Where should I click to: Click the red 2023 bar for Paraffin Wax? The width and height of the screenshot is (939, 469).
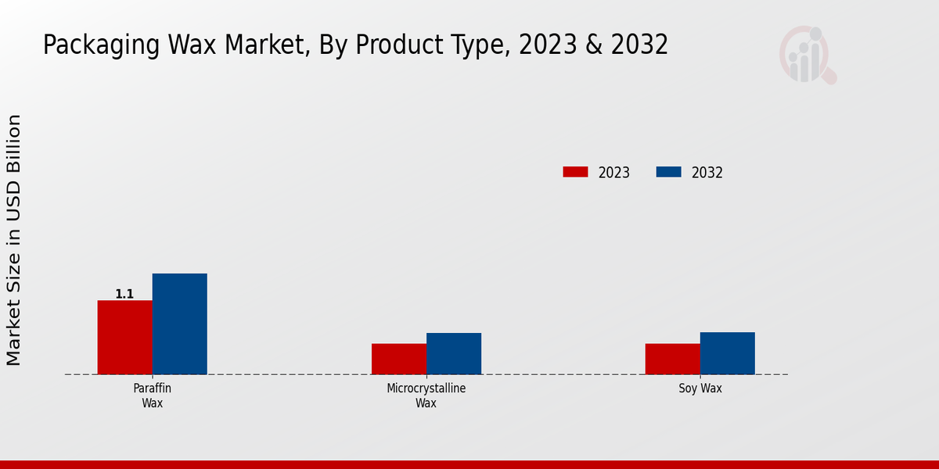124,337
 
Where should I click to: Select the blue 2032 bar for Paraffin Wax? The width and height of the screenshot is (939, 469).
179,324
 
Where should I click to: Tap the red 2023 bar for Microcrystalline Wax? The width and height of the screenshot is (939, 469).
398,359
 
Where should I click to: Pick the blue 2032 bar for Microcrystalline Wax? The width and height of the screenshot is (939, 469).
453,353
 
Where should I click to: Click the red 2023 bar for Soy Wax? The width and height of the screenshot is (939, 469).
672,359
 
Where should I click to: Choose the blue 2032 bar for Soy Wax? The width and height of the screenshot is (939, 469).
727,353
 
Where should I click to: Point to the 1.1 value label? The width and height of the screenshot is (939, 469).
124,294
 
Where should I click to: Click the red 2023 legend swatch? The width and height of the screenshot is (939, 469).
575,172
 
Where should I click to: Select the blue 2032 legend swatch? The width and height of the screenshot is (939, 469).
668,172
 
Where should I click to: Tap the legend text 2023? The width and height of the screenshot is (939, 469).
613,173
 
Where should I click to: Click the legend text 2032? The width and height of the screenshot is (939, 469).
707,173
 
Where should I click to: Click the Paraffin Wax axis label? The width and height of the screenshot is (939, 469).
153,396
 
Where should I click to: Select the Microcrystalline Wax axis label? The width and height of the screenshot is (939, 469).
426,396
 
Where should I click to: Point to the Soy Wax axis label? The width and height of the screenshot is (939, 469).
700,388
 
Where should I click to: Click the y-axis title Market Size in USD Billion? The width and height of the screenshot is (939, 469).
14,240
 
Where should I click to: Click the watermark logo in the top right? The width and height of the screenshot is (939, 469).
807,55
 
